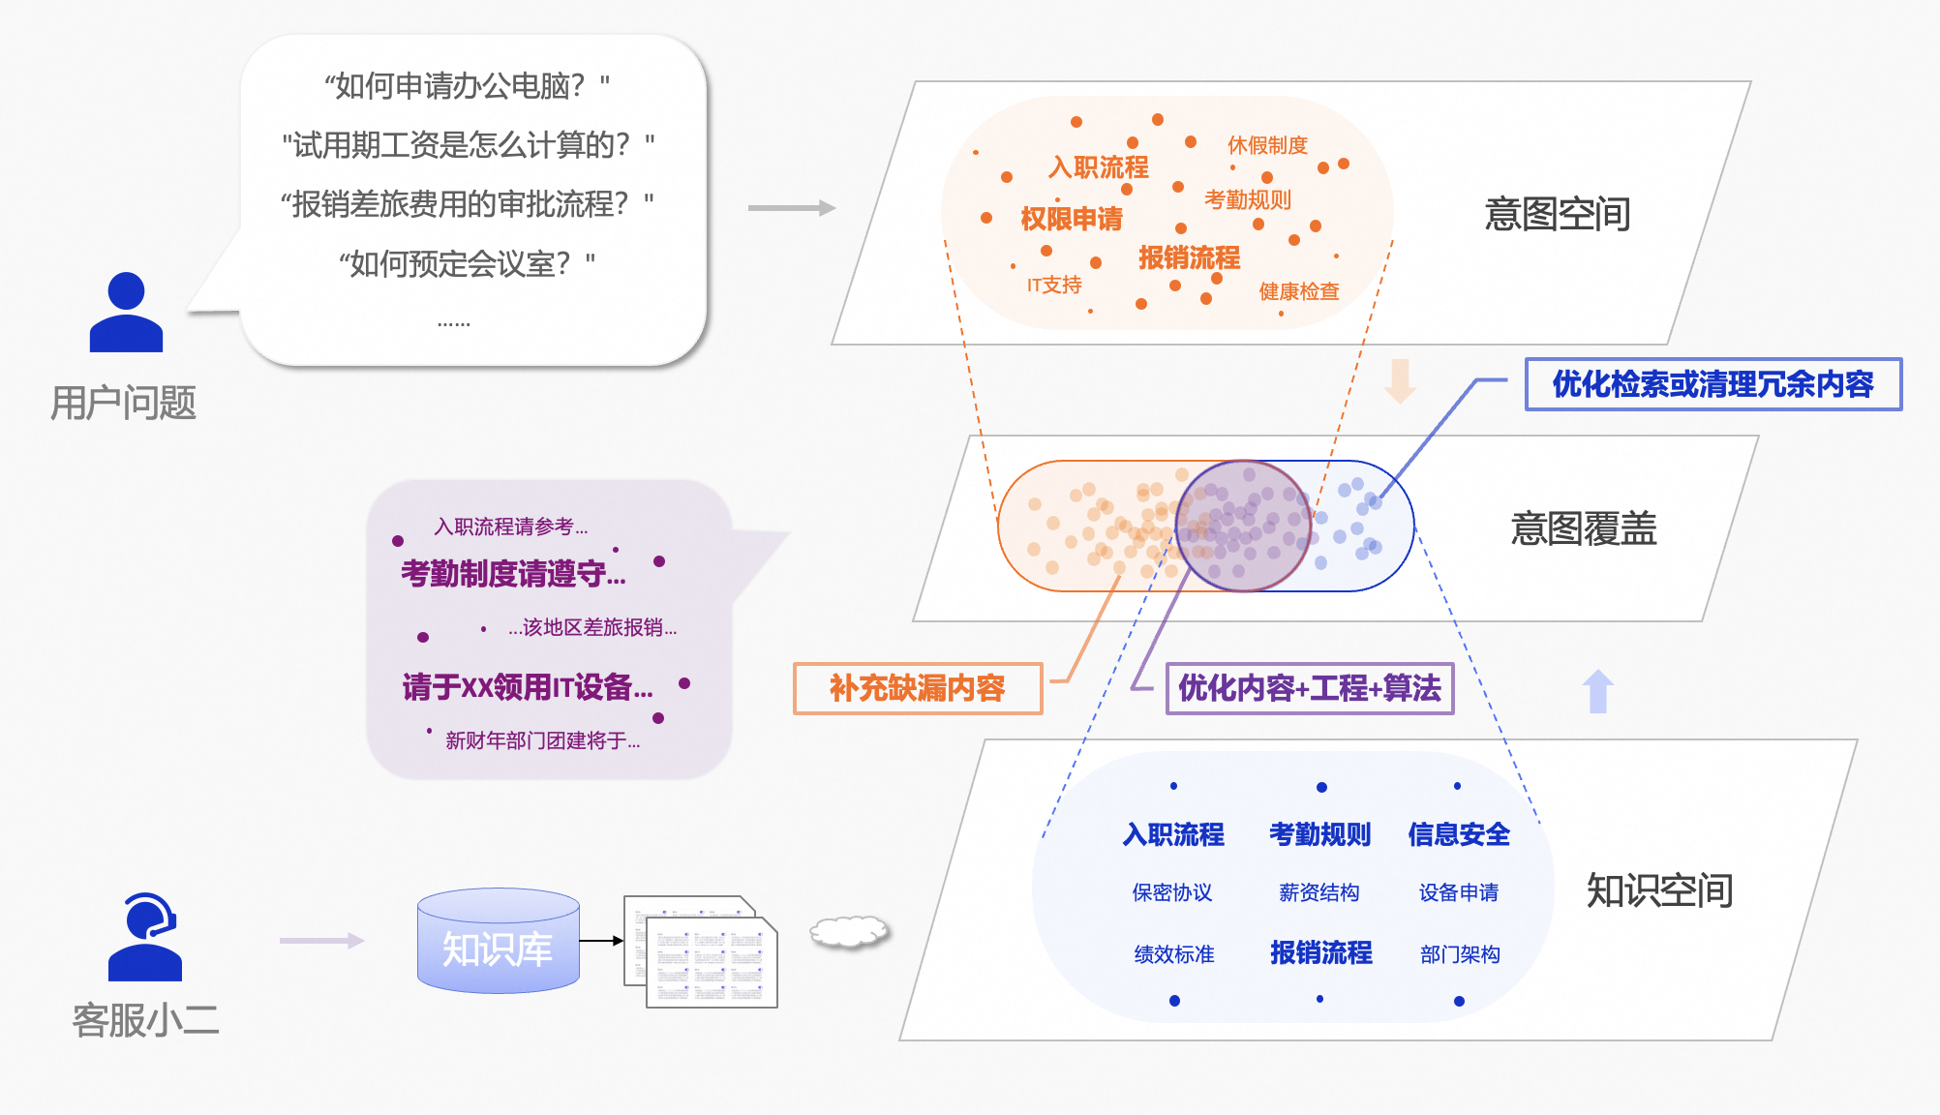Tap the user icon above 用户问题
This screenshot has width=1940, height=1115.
click(126, 313)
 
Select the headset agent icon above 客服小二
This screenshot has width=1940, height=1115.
click(145, 936)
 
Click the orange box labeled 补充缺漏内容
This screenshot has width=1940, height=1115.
click(917, 688)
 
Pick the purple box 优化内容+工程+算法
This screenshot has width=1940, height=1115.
click(1309, 688)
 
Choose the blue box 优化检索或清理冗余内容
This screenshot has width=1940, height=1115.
click(1713, 384)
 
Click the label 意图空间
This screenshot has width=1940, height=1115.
click(1557, 214)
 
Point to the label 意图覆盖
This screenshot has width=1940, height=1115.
click(1583, 529)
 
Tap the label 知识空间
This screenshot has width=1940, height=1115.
click(1658, 890)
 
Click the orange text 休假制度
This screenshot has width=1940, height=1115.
click(1267, 145)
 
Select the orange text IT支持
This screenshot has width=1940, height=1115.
click(1054, 286)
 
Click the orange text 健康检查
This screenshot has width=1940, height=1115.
click(1298, 291)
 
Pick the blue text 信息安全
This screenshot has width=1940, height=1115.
click(1458, 834)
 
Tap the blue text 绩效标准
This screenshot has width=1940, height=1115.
click(1173, 954)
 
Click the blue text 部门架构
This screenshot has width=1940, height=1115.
click(1460, 954)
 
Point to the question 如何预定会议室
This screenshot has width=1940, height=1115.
click(467, 263)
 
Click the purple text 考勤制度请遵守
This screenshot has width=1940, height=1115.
click(513, 574)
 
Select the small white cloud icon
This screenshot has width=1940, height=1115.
click(849, 931)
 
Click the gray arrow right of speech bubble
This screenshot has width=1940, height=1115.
click(791, 208)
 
